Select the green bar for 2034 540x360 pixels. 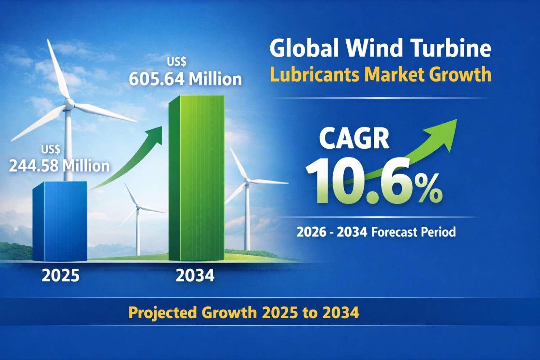(x=197, y=178)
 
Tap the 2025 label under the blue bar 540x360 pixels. (x=60, y=276)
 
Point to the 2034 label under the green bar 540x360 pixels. (x=195, y=276)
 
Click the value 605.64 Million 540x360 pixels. (x=185, y=79)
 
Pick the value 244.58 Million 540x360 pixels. (x=59, y=166)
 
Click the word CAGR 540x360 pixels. (x=354, y=139)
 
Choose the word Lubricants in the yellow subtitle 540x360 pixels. (x=314, y=75)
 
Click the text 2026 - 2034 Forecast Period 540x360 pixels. (x=376, y=231)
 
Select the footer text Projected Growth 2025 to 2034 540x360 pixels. (x=244, y=312)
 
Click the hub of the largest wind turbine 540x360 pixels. (x=68, y=105)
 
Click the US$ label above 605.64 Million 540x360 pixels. (x=177, y=62)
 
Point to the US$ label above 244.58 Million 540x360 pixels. (x=51, y=149)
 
